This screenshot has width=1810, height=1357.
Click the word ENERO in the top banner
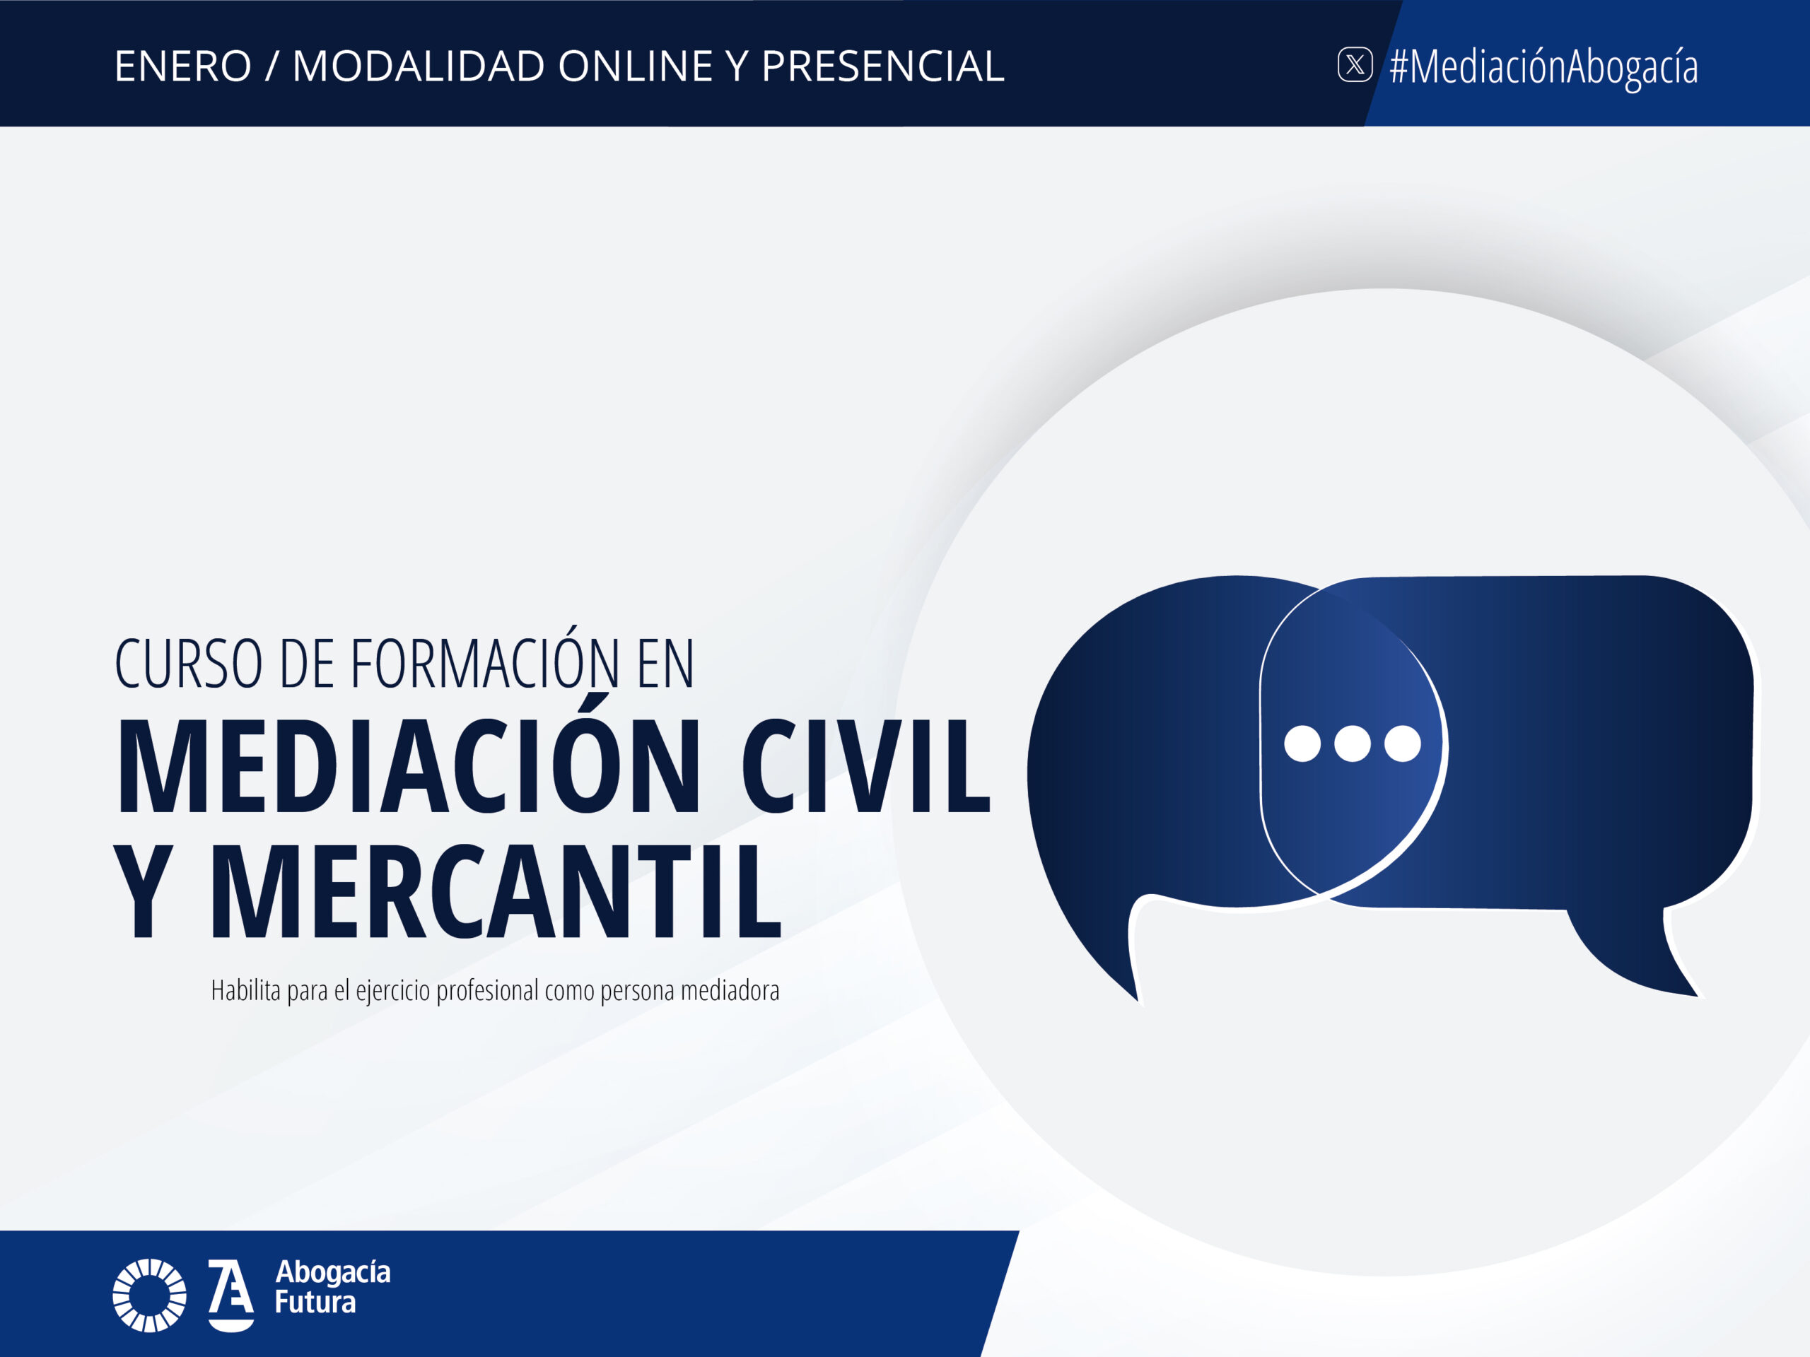[x=183, y=66]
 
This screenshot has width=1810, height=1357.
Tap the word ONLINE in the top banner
[x=636, y=66]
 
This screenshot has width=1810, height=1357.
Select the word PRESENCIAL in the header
[x=883, y=66]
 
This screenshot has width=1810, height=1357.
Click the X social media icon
[x=1355, y=64]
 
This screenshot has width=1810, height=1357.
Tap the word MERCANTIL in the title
[x=496, y=891]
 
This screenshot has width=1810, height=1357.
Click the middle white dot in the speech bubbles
[x=1353, y=744]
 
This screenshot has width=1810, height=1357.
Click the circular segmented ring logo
[x=149, y=1296]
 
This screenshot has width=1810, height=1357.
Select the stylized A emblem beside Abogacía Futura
[x=230, y=1296]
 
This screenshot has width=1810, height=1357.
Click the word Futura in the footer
[x=315, y=1302]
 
